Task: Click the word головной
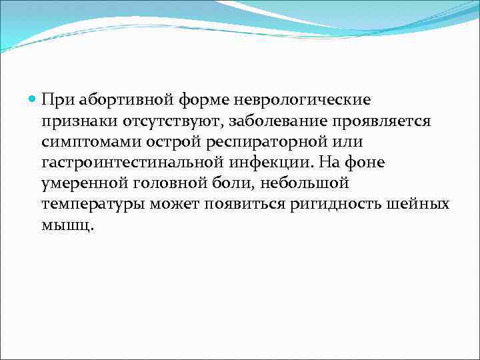click(173, 183)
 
